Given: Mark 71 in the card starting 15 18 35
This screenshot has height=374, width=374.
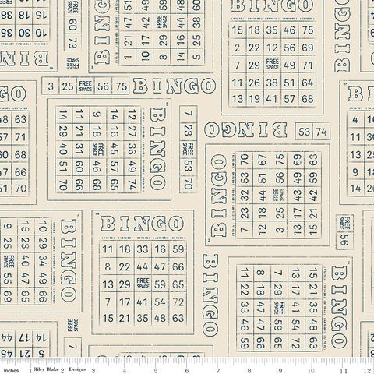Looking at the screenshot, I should pyautogui.click(x=306, y=65).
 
